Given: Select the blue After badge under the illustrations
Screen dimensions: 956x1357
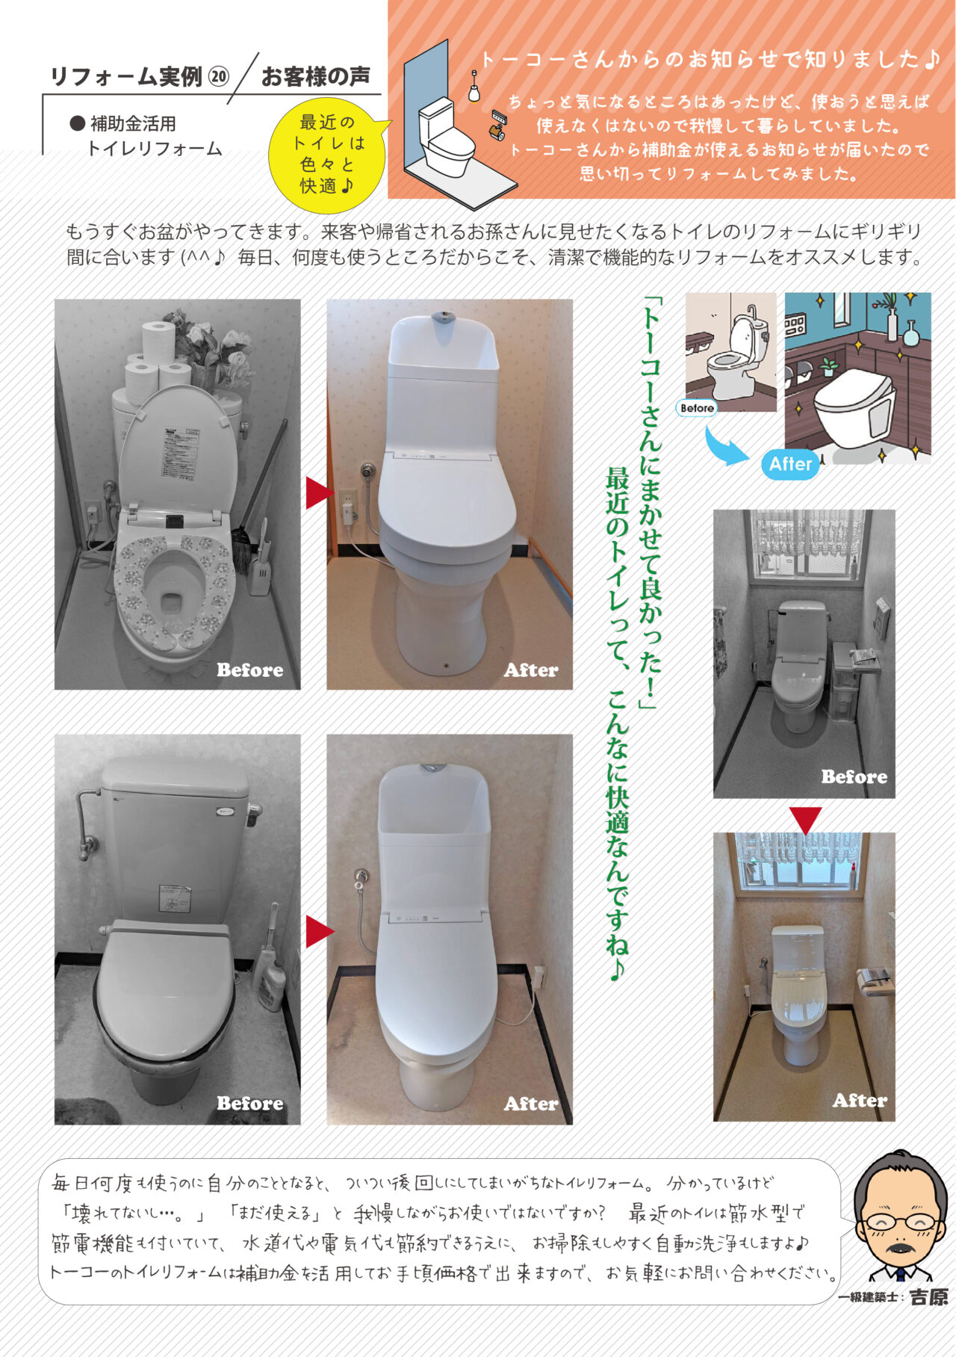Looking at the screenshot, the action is point(791,464).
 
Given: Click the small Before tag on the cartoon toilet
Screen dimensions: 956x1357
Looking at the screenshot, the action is point(697,408).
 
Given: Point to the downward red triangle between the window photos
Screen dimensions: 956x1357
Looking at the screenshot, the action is point(806,820).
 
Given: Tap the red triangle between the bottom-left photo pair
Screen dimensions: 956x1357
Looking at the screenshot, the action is point(319,931).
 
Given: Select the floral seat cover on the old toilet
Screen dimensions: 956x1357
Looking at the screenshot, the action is point(174,590).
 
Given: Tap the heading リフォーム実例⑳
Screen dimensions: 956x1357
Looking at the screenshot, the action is point(139,77).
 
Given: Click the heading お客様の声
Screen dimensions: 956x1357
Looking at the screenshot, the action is point(315,76).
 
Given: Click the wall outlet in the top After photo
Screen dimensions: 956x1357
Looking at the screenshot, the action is point(347,504).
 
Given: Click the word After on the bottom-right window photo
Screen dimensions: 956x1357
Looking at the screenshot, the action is point(860,1100).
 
